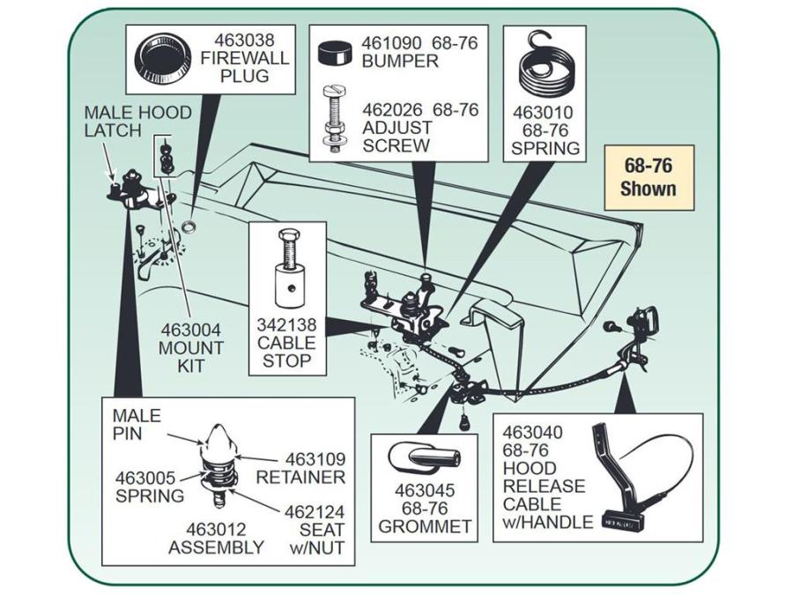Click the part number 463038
[244, 40]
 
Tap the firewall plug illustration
[163, 59]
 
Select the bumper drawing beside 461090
[336, 54]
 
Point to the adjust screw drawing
[334, 119]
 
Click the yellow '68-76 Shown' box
[648, 177]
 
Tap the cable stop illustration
[289, 269]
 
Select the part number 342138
[286, 324]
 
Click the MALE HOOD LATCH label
[137, 121]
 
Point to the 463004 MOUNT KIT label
[190, 348]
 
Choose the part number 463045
[425, 490]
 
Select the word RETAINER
[300, 477]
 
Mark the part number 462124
[314, 512]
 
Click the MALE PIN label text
[136, 425]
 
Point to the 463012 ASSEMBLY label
[216, 539]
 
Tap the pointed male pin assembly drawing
[219, 465]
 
